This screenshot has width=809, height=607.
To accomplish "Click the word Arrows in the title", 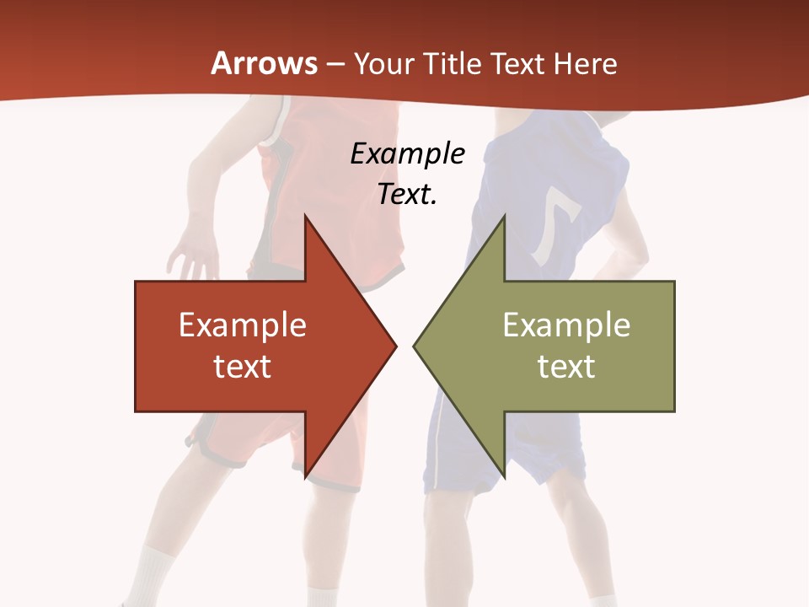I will [x=264, y=64].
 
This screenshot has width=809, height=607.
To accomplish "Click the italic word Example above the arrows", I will [x=407, y=154].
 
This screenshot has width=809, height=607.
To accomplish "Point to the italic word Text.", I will [x=407, y=195].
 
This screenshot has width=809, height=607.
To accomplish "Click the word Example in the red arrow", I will [x=243, y=325].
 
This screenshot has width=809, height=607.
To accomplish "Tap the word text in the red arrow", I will [x=243, y=366].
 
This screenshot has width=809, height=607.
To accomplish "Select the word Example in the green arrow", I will [x=566, y=325].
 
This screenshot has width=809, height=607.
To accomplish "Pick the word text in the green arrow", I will [x=566, y=366].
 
